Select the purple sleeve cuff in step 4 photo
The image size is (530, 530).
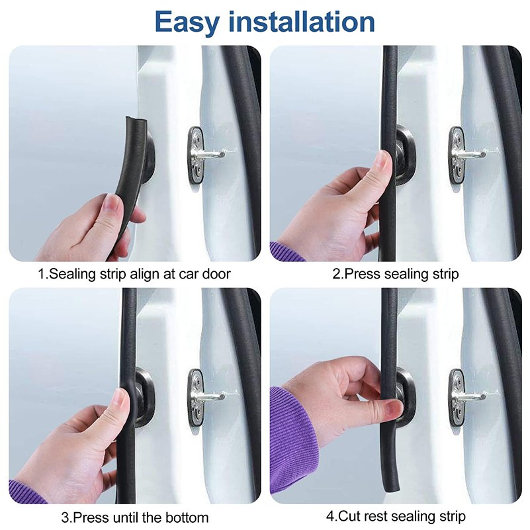pos(294,440)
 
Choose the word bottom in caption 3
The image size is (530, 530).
pos(186,517)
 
